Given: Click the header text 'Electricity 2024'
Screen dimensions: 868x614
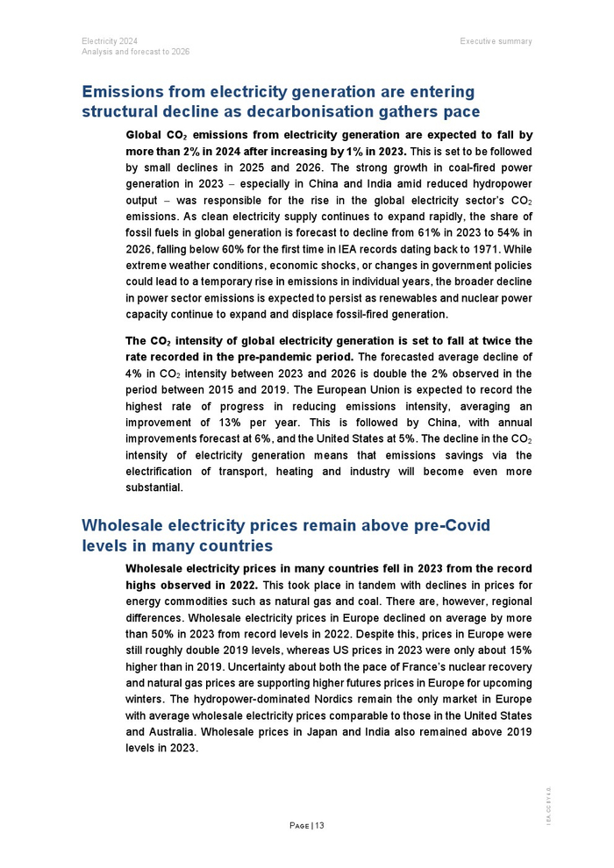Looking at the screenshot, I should [109, 41].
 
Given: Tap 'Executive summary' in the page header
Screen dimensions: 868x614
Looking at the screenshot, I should [496, 41].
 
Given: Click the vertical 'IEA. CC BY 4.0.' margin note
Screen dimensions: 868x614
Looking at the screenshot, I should [549, 804].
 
